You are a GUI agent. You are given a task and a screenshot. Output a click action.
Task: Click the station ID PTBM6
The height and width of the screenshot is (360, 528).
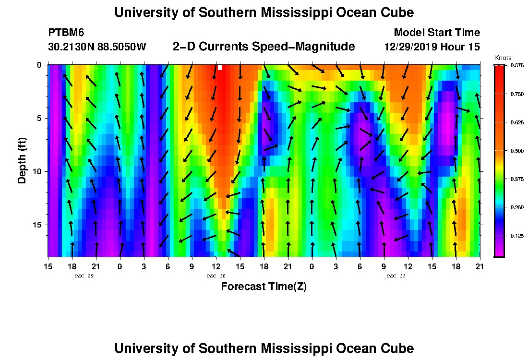pos(66,33)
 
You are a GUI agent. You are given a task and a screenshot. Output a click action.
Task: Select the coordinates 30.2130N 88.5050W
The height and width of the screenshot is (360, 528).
pos(97,47)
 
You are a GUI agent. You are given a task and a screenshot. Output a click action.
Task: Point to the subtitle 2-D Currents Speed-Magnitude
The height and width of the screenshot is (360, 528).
pos(264,47)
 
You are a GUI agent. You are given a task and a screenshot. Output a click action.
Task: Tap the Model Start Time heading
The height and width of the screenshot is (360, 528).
pos(436,33)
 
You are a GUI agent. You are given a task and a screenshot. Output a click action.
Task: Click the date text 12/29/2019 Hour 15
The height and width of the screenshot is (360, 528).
pos(432,47)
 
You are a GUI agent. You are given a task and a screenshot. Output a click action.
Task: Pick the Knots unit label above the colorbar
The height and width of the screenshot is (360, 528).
pos(503,58)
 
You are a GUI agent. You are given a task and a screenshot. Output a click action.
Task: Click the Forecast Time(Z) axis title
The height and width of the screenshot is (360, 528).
pos(264,287)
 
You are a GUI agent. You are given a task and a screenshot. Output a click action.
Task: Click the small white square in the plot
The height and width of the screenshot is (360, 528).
pos(220,68)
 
